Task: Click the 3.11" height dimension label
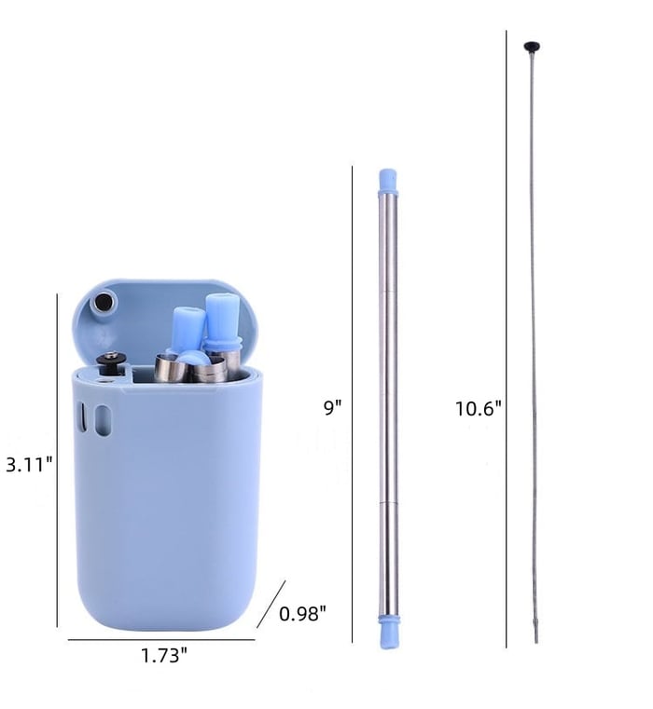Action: point(29,463)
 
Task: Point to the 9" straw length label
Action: point(333,406)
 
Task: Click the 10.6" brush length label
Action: point(479,407)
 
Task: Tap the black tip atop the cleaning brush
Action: point(532,44)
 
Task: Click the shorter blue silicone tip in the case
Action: point(187,328)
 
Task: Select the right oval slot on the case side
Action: point(104,420)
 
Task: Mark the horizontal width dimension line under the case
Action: point(160,639)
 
